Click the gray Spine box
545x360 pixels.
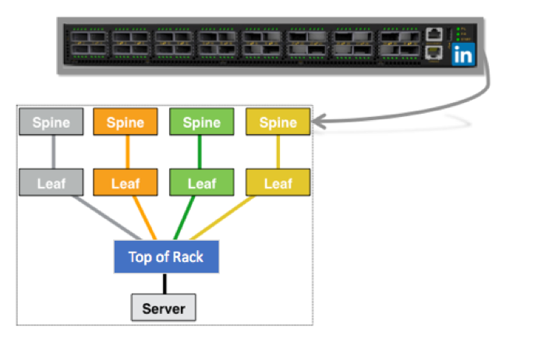[x=50, y=122]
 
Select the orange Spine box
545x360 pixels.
[x=125, y=122]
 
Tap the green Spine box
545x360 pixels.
[x=201, y=122]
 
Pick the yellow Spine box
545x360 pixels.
[x=278, y=122]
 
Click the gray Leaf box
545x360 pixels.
[x=50, y=183]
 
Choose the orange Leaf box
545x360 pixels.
[x=125, y=183]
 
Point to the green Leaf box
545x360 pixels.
[x=201, y=183]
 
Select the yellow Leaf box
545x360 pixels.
[x=278, y=183]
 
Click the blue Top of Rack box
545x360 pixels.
[x=165, y=256]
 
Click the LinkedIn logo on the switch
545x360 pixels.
[x=463, y=55]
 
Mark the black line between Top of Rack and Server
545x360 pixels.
[x=164, y=284]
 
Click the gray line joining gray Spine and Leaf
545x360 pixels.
[x=50, y=153]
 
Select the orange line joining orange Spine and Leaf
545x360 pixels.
[x=125, y=153]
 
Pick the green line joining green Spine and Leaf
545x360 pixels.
[x=201, y=153]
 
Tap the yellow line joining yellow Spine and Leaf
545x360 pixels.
[x=278, y=153]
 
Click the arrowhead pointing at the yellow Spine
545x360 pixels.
[x=320, y=121]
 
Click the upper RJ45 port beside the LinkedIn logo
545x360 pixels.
[x=434, y=35]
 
